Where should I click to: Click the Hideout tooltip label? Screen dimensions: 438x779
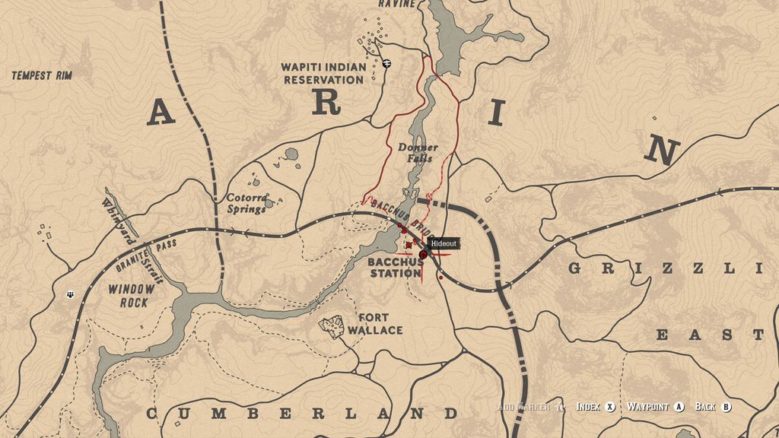(x=444, y=243)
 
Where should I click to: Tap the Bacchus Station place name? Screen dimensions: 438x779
(x=395, y=268)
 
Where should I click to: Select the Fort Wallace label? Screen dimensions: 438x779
(x=374, y=324)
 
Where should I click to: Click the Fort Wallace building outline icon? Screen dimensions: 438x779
(x=332, y=326)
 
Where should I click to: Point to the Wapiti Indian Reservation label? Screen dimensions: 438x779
(x=323, y=73)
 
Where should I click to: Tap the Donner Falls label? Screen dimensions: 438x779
(x=418, y=153)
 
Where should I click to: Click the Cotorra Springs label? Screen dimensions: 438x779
(x=246, y=203)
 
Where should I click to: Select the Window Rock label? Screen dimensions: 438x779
(x=131, y=296)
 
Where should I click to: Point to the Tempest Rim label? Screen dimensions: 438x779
(x=42, y=75)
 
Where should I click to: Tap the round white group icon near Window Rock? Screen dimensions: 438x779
(x=71, y=294)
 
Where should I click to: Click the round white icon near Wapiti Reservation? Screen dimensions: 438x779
(x=387, y=63)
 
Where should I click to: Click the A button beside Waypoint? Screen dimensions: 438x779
(x=679, y=407)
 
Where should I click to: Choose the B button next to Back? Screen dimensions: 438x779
(x=727, y=407)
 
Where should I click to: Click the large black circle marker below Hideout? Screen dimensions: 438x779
(x=423, y=255)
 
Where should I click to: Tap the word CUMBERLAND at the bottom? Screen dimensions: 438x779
(x=302, y=414)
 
